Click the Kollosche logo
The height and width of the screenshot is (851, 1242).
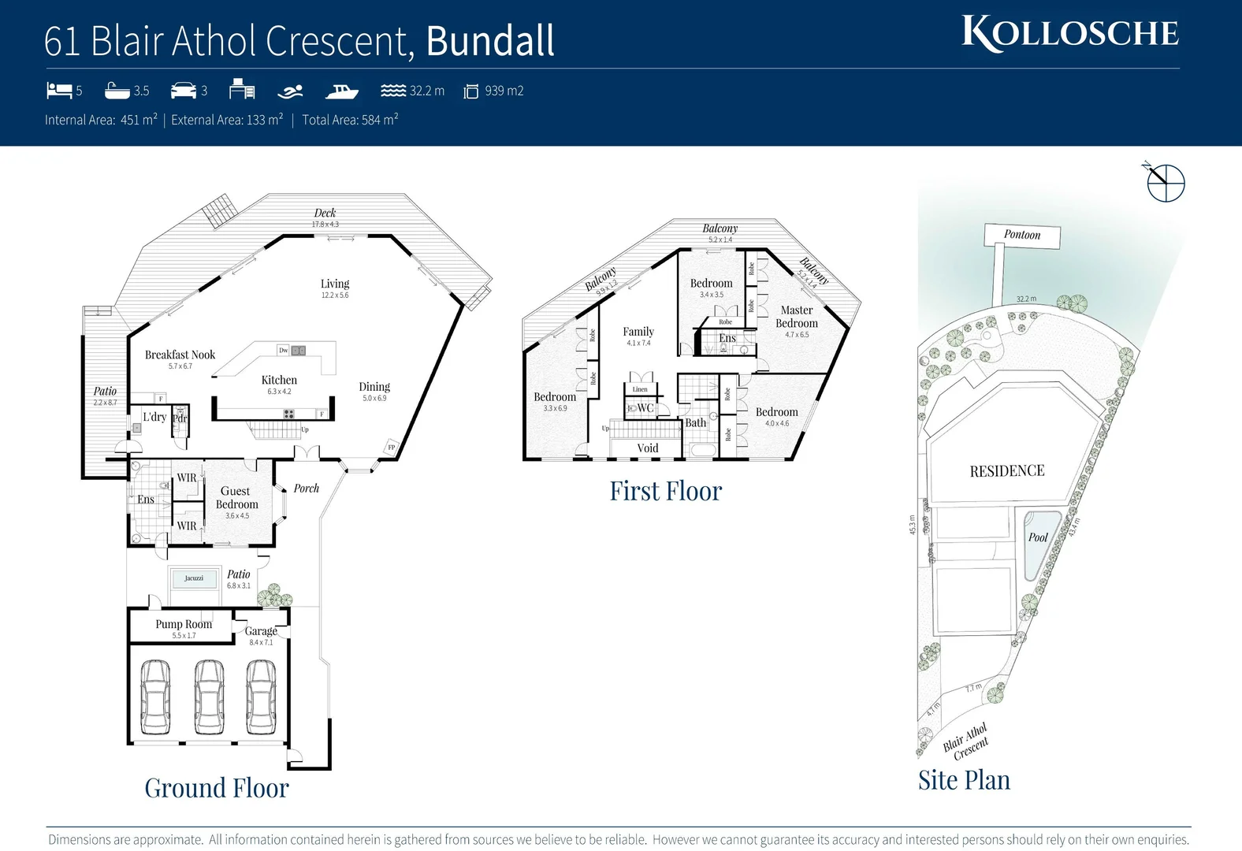pyautogui.click(x=1069, y=34)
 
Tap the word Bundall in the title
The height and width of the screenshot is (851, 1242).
pyautogui.click(x=490, y=41)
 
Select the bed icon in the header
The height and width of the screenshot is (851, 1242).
pyautogui.click(x=59, y=91)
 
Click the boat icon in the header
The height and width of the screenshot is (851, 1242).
pyautogui.click(x=341, y=91)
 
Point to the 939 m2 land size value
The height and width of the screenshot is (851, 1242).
pyautogui.click(x=504, y=91)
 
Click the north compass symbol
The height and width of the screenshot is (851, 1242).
pyautogui.click(x=1165, y=184)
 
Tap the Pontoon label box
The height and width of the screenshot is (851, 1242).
pyautogui.click(x=1021, y=235)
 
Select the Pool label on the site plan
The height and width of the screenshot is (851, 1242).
pyautogui.click(x=1038, y=537)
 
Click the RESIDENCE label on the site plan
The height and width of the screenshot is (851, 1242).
pyautogui.click(x=1006, y=471)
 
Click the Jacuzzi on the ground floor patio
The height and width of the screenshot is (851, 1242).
pyautogui.click(x=194, y=578)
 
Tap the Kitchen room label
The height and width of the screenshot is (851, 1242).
pyautogui.click(x=279, y=380)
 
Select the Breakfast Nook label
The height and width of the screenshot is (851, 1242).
pyautogui.click(x=180, y=355)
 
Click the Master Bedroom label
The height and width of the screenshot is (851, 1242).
pyautogui.click(x=797, y=317)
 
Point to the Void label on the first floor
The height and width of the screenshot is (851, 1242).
pyautogui.click(x=647, y=448)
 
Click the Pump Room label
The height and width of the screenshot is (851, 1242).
pyautogui.click(x=184, y=624)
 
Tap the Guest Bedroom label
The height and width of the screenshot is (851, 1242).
pyautogui.click(x=236, y=497)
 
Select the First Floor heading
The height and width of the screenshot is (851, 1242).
pyautogui.click(x=665, y=491)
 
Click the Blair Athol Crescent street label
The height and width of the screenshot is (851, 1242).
pyautogui.click(x=966, y=742)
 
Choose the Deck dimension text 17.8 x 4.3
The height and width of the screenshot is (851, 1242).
pyautogui.click(x=325, y=225)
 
